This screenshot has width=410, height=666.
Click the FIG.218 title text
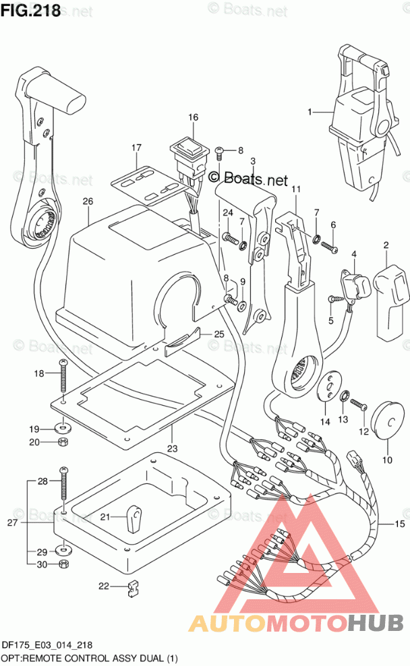click(30, 9)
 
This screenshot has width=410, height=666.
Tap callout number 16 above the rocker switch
click(194, 117)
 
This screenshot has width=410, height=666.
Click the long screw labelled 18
click(63, 376)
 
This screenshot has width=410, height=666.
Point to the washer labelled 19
click(63, 426)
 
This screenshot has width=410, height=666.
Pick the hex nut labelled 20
click(63, 442)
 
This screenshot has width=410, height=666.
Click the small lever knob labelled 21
click(133, 518)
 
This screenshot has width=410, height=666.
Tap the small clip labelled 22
click(134, 588)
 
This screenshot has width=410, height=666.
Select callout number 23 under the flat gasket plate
click(172, 448)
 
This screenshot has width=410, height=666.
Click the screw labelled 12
click(358, 404)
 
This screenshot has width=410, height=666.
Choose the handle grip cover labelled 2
click(391, 302)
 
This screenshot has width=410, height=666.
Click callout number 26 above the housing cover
click(88, 201)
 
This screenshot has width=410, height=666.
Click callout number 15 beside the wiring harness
click(400, 524)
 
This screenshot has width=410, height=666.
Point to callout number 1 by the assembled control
click(310, 112)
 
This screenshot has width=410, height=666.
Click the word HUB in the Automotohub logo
click(376, 624)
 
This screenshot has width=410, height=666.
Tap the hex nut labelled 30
click(64, 564)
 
